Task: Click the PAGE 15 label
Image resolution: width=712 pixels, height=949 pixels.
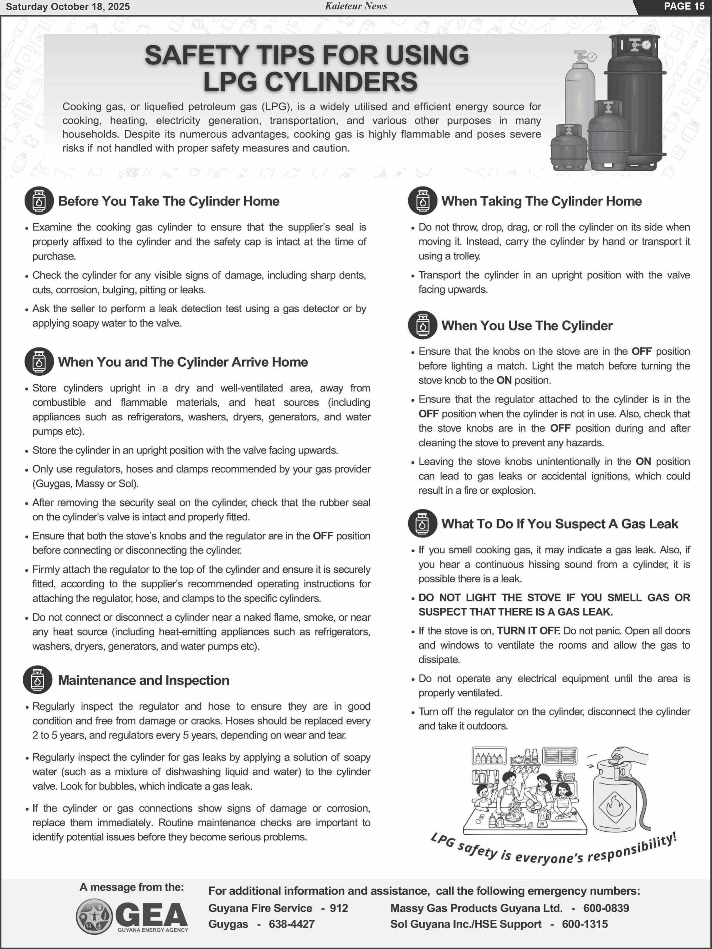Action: (684, 6)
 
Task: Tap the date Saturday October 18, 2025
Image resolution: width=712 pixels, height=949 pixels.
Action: (68, 7)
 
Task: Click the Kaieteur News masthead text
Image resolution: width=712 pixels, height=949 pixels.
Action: (356, 6)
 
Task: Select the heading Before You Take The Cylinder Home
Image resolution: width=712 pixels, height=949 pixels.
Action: (168, 201)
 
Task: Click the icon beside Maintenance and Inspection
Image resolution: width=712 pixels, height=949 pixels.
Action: (38, 680)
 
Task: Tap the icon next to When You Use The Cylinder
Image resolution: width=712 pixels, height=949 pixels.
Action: (423, 325)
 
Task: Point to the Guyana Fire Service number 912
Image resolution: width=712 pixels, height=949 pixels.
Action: (339, 908)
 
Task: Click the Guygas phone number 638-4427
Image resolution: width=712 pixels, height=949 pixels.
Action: (291, 924)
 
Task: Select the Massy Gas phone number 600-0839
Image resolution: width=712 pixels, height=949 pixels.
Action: (605, 908)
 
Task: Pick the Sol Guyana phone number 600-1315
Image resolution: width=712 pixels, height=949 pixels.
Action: (584, 924)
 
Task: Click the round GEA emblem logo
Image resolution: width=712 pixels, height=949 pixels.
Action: (94, 917)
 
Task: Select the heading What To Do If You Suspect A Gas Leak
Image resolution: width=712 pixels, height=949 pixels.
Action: (560, 524)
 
